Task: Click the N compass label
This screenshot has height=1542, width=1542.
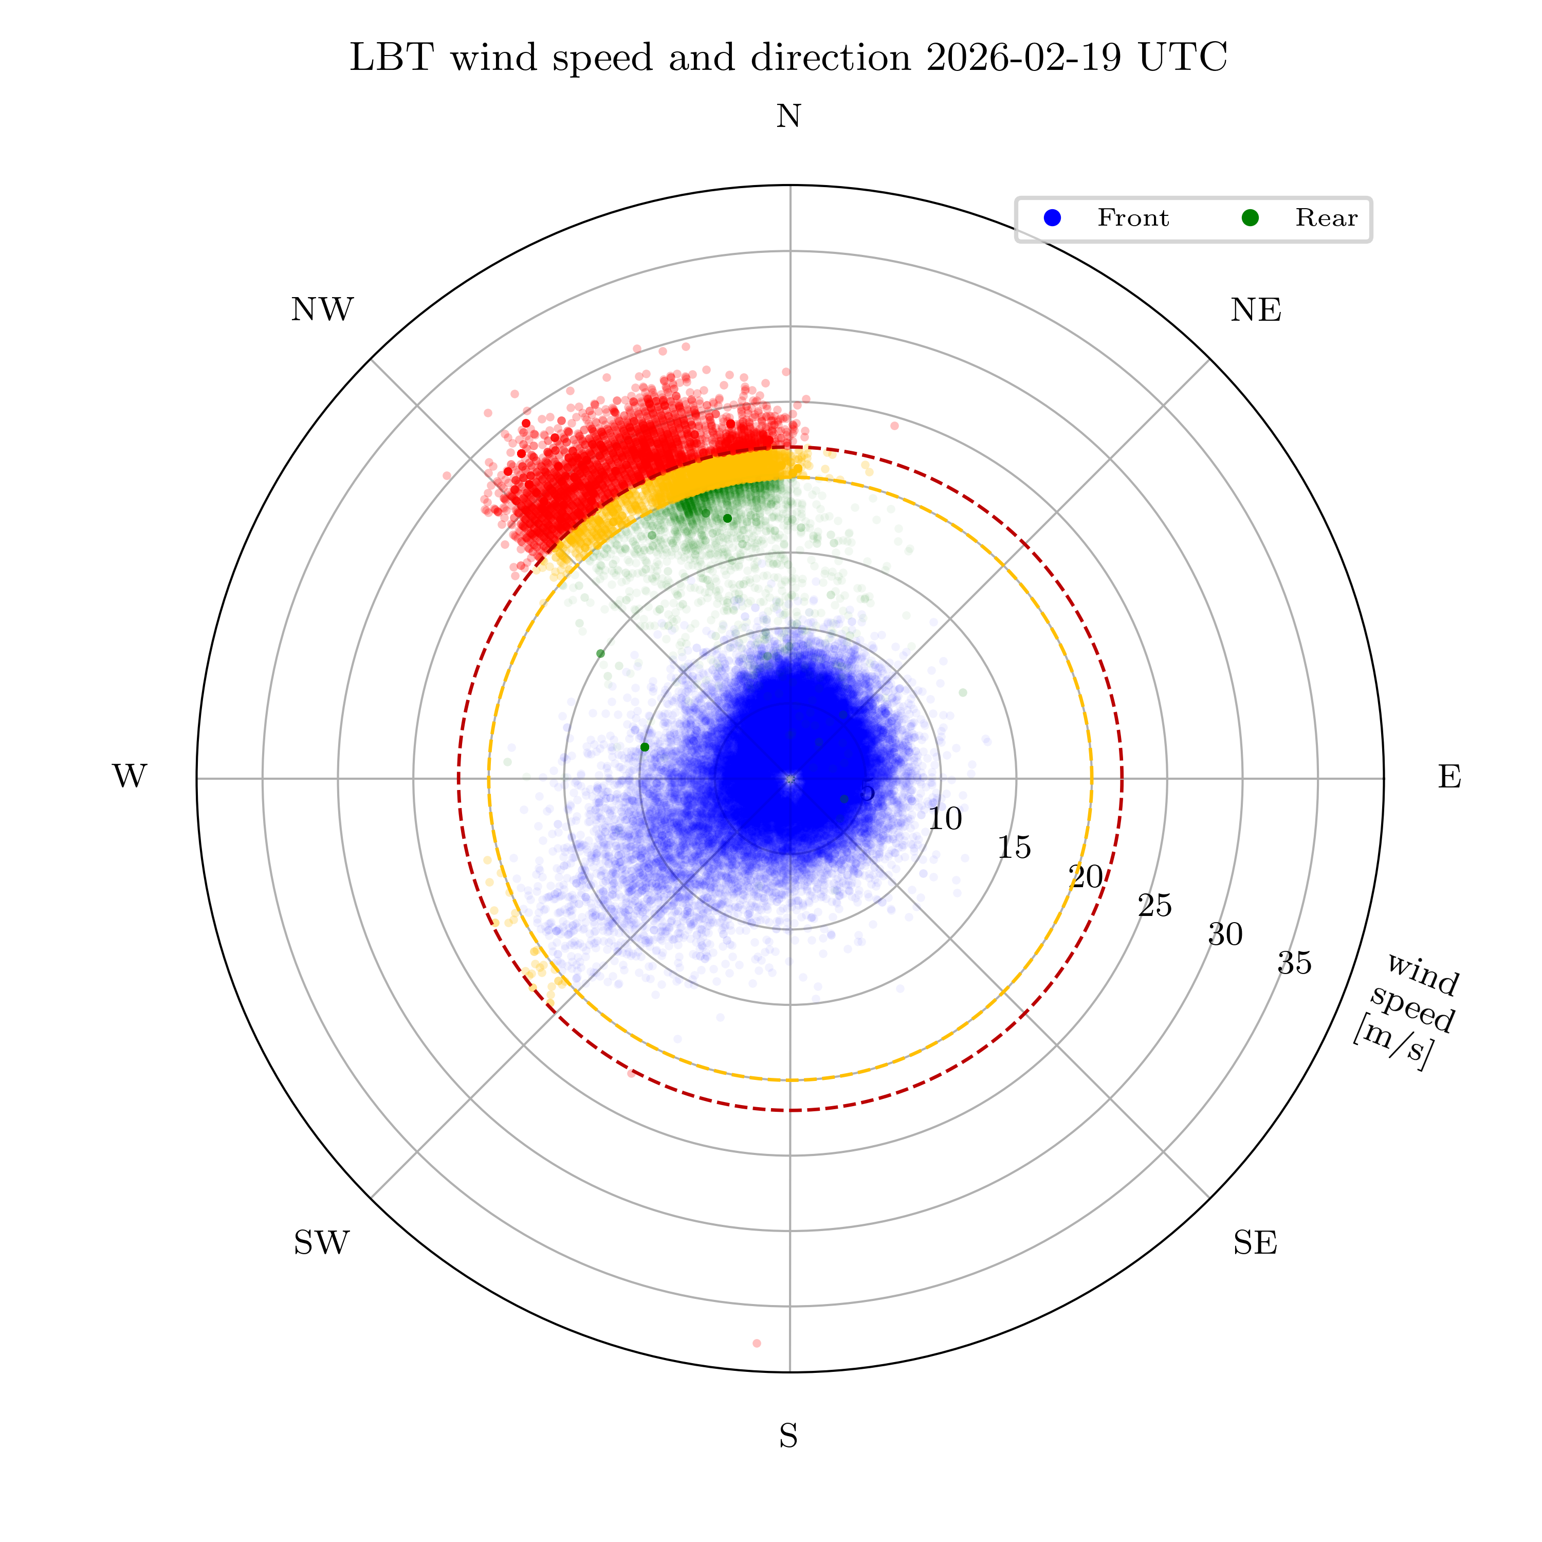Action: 788,117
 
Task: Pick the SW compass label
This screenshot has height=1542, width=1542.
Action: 322,1243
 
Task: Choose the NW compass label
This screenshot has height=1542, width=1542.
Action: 322,309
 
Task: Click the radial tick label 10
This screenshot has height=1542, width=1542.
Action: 945,819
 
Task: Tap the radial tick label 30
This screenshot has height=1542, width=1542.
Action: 1225,934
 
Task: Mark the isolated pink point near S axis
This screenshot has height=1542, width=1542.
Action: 757,1343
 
